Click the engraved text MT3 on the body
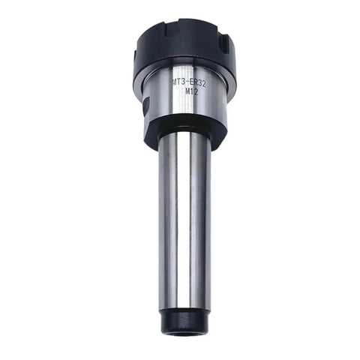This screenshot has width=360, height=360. [x=178, y=82]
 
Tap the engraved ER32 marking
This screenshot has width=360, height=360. [x=198, y=83]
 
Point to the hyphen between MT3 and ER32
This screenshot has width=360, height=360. [x=188, y=82]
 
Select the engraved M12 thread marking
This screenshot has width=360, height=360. [x=192, y=91]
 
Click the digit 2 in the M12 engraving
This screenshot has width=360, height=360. [x=196, y=92]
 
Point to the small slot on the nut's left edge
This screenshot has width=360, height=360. [x=135, y=55]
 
